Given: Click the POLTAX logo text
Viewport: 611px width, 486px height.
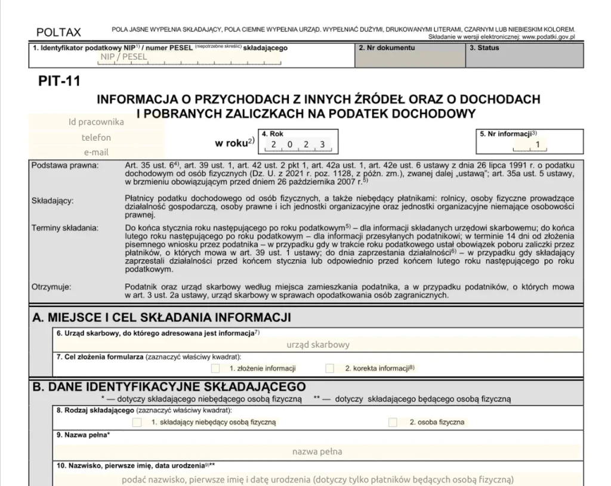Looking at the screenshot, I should tap(58, 32).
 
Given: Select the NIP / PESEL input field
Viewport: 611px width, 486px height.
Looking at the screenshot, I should tap(124, 57).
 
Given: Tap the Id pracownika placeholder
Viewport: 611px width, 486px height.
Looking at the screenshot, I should tap(96, 122).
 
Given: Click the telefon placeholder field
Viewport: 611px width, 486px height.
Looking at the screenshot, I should tap(96, 137).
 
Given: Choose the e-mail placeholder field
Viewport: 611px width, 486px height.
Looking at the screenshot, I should tap(96, 152).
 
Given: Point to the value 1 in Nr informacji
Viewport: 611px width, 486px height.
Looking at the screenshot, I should tap(538, 144).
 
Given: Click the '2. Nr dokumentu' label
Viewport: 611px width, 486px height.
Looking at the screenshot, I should tap(386, 48).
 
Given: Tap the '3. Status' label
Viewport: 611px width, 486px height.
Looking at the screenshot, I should tap(484, 48).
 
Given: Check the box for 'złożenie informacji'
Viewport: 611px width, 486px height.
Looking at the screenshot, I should tap(215, 369).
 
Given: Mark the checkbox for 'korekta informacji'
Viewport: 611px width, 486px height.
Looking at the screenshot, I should tap(329, 369).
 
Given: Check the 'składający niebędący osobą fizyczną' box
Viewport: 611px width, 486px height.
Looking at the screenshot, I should tap(137, 422).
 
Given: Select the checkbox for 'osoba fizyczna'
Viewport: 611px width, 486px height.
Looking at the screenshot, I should tap(393, 422).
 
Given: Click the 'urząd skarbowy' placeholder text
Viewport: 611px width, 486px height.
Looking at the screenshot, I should tap(318, 344).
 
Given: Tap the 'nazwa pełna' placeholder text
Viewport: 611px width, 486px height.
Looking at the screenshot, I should tap(317, 451).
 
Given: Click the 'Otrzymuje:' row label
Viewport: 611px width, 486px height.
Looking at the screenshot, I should tap(51, 287).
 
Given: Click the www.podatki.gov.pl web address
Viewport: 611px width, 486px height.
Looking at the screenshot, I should tap(548, 37).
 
